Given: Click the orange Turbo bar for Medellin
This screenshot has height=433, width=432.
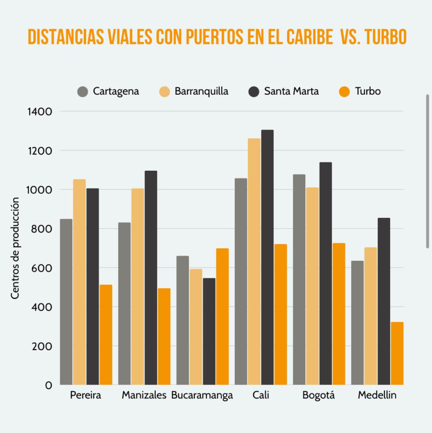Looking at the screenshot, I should (397, 354).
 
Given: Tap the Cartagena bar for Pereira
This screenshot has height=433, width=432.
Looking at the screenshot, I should (66, 302).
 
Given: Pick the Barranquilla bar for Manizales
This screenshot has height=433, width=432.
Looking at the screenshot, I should (137, 287).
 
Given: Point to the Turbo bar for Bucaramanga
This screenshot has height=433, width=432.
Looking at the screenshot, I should (222, 317).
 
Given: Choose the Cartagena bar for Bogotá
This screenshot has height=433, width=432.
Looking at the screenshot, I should (299, 280).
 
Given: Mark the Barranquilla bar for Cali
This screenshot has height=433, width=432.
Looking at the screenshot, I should (254, 261).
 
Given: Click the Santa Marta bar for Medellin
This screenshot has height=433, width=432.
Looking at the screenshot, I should (384, 301).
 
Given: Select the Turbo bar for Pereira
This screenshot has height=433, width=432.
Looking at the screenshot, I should (106, 335).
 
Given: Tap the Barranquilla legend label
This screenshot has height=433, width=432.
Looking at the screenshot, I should (201, 91).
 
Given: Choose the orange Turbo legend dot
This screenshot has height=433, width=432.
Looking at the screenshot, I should (345, 91).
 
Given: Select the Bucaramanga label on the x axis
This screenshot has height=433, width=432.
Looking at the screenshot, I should (202, 396).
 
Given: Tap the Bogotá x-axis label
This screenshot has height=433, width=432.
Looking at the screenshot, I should (318, 396).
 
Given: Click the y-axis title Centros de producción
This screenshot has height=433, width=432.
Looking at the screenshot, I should (15, 248).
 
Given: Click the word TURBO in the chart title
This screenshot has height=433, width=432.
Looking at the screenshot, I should (385, 38).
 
